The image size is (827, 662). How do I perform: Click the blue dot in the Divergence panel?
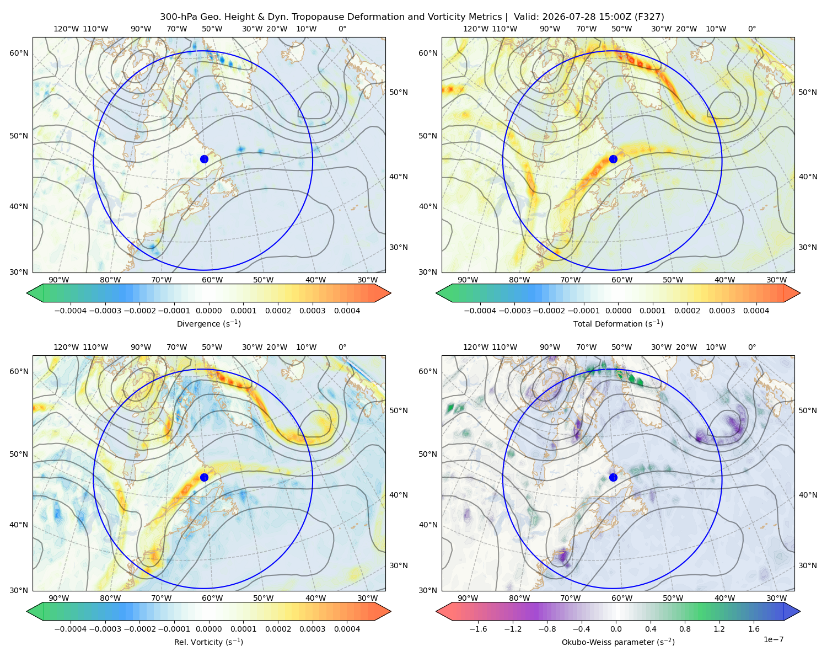(204, 159)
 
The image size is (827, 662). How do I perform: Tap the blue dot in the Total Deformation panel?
(613, 159)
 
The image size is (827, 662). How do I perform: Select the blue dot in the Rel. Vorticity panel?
(204, 477)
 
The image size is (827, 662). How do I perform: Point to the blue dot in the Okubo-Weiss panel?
(613, 477)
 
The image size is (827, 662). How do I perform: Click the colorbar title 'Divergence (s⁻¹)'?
(208, 323)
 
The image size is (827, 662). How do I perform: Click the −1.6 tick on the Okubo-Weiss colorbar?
(478, 628)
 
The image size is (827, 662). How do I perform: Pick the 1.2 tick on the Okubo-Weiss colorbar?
(719, 628)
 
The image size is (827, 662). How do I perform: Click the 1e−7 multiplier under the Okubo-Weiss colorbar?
(773, 639)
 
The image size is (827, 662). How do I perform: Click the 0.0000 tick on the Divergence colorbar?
(208, 311)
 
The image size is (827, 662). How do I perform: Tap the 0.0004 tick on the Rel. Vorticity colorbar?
(347, 628)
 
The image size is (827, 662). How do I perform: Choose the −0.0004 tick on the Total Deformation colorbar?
(480, 311)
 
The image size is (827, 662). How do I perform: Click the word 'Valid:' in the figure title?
(527, 17)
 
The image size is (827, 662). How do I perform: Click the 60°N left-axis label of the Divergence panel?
(19, 53)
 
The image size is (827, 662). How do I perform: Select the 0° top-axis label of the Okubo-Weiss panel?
(751, 347)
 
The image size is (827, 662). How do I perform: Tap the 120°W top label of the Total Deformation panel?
(475, 29)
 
